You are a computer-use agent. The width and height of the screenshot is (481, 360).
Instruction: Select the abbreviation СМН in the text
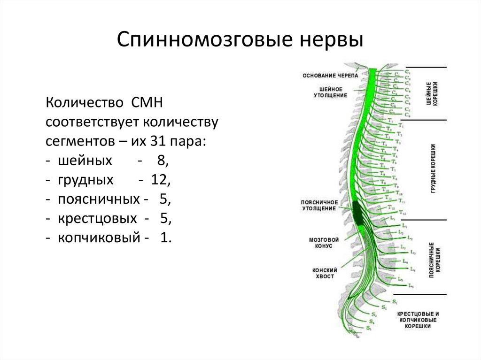click(x=144, y=102)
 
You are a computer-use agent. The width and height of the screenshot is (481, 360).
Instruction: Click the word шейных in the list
click(x=85, y=161)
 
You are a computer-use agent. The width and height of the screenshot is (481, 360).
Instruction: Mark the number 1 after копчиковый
click(x=163, y=238)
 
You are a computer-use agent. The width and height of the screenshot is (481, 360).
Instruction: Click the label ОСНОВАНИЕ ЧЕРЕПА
click(x=330, y=75)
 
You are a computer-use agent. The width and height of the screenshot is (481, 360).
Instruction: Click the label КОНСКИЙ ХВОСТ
click(x=323, y=273)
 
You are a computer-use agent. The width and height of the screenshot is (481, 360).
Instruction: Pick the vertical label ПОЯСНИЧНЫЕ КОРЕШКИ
click(x=434, y=257)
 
